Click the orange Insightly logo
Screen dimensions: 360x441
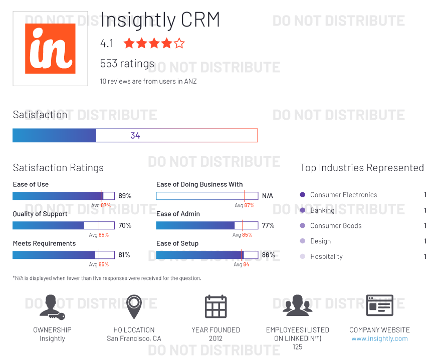50,49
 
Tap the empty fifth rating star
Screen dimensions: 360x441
179,44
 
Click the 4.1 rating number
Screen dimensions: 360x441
107,44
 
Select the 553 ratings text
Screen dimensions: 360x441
127,64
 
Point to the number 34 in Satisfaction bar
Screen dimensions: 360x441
135,136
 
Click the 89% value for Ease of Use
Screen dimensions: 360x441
125,196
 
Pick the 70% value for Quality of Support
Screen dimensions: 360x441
125,225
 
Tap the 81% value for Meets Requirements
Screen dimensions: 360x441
124,255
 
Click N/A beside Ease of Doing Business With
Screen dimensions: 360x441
268,196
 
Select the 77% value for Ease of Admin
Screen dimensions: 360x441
268,225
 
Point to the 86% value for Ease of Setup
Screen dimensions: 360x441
268,255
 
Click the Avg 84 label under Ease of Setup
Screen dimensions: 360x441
242,264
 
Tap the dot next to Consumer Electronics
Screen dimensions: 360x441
302,195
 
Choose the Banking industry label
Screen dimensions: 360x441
322,210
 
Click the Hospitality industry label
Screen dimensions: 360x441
326,256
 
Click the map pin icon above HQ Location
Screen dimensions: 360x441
134,306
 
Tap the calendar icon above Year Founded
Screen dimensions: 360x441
216,306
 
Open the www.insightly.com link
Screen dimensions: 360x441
379,338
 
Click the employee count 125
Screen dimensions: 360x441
298,347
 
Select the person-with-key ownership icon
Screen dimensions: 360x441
52,306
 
